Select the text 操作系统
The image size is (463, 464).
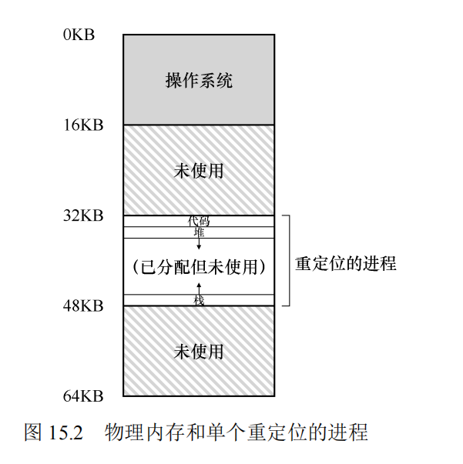[199, 80]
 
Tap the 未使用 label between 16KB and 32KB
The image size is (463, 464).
[199, 170]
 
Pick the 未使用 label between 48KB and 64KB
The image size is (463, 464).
[199, 352]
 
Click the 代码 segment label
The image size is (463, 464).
[199, 221]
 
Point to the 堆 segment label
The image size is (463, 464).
[199, 232]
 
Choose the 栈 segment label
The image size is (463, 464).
[199, 300]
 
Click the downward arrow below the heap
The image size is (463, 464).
[199, 244]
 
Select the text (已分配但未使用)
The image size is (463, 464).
[199, 267]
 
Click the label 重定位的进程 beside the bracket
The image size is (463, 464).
[345, 263]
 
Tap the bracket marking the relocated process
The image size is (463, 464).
[288, 261]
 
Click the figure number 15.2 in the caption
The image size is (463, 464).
[65, 432]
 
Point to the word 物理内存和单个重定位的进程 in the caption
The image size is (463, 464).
[237, 432]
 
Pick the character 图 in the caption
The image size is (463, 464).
[33, 432]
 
